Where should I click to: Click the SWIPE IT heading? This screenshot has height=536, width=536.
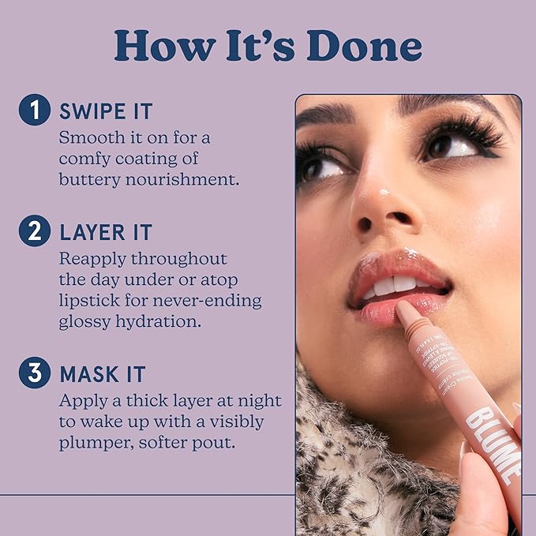coord(105,111)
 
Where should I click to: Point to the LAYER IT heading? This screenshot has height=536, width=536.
coord(105,232)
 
